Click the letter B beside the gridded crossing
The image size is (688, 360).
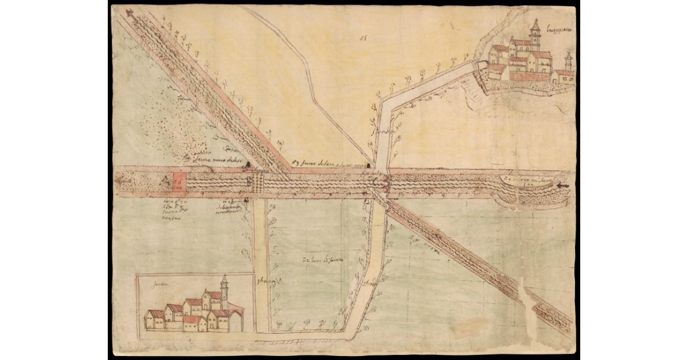(249, 182)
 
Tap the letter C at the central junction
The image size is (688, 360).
(376, 182)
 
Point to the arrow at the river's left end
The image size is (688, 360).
(122, 181)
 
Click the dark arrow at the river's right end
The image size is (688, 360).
(562, 186)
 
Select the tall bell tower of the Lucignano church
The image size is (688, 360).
(535, 34)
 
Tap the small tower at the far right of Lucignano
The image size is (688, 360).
(568, 61)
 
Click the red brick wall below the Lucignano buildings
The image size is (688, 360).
(527, 76)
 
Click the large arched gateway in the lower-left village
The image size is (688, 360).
(236, 322)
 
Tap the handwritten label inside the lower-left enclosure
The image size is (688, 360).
(157, 283)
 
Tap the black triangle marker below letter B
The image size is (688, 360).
(246, 200)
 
